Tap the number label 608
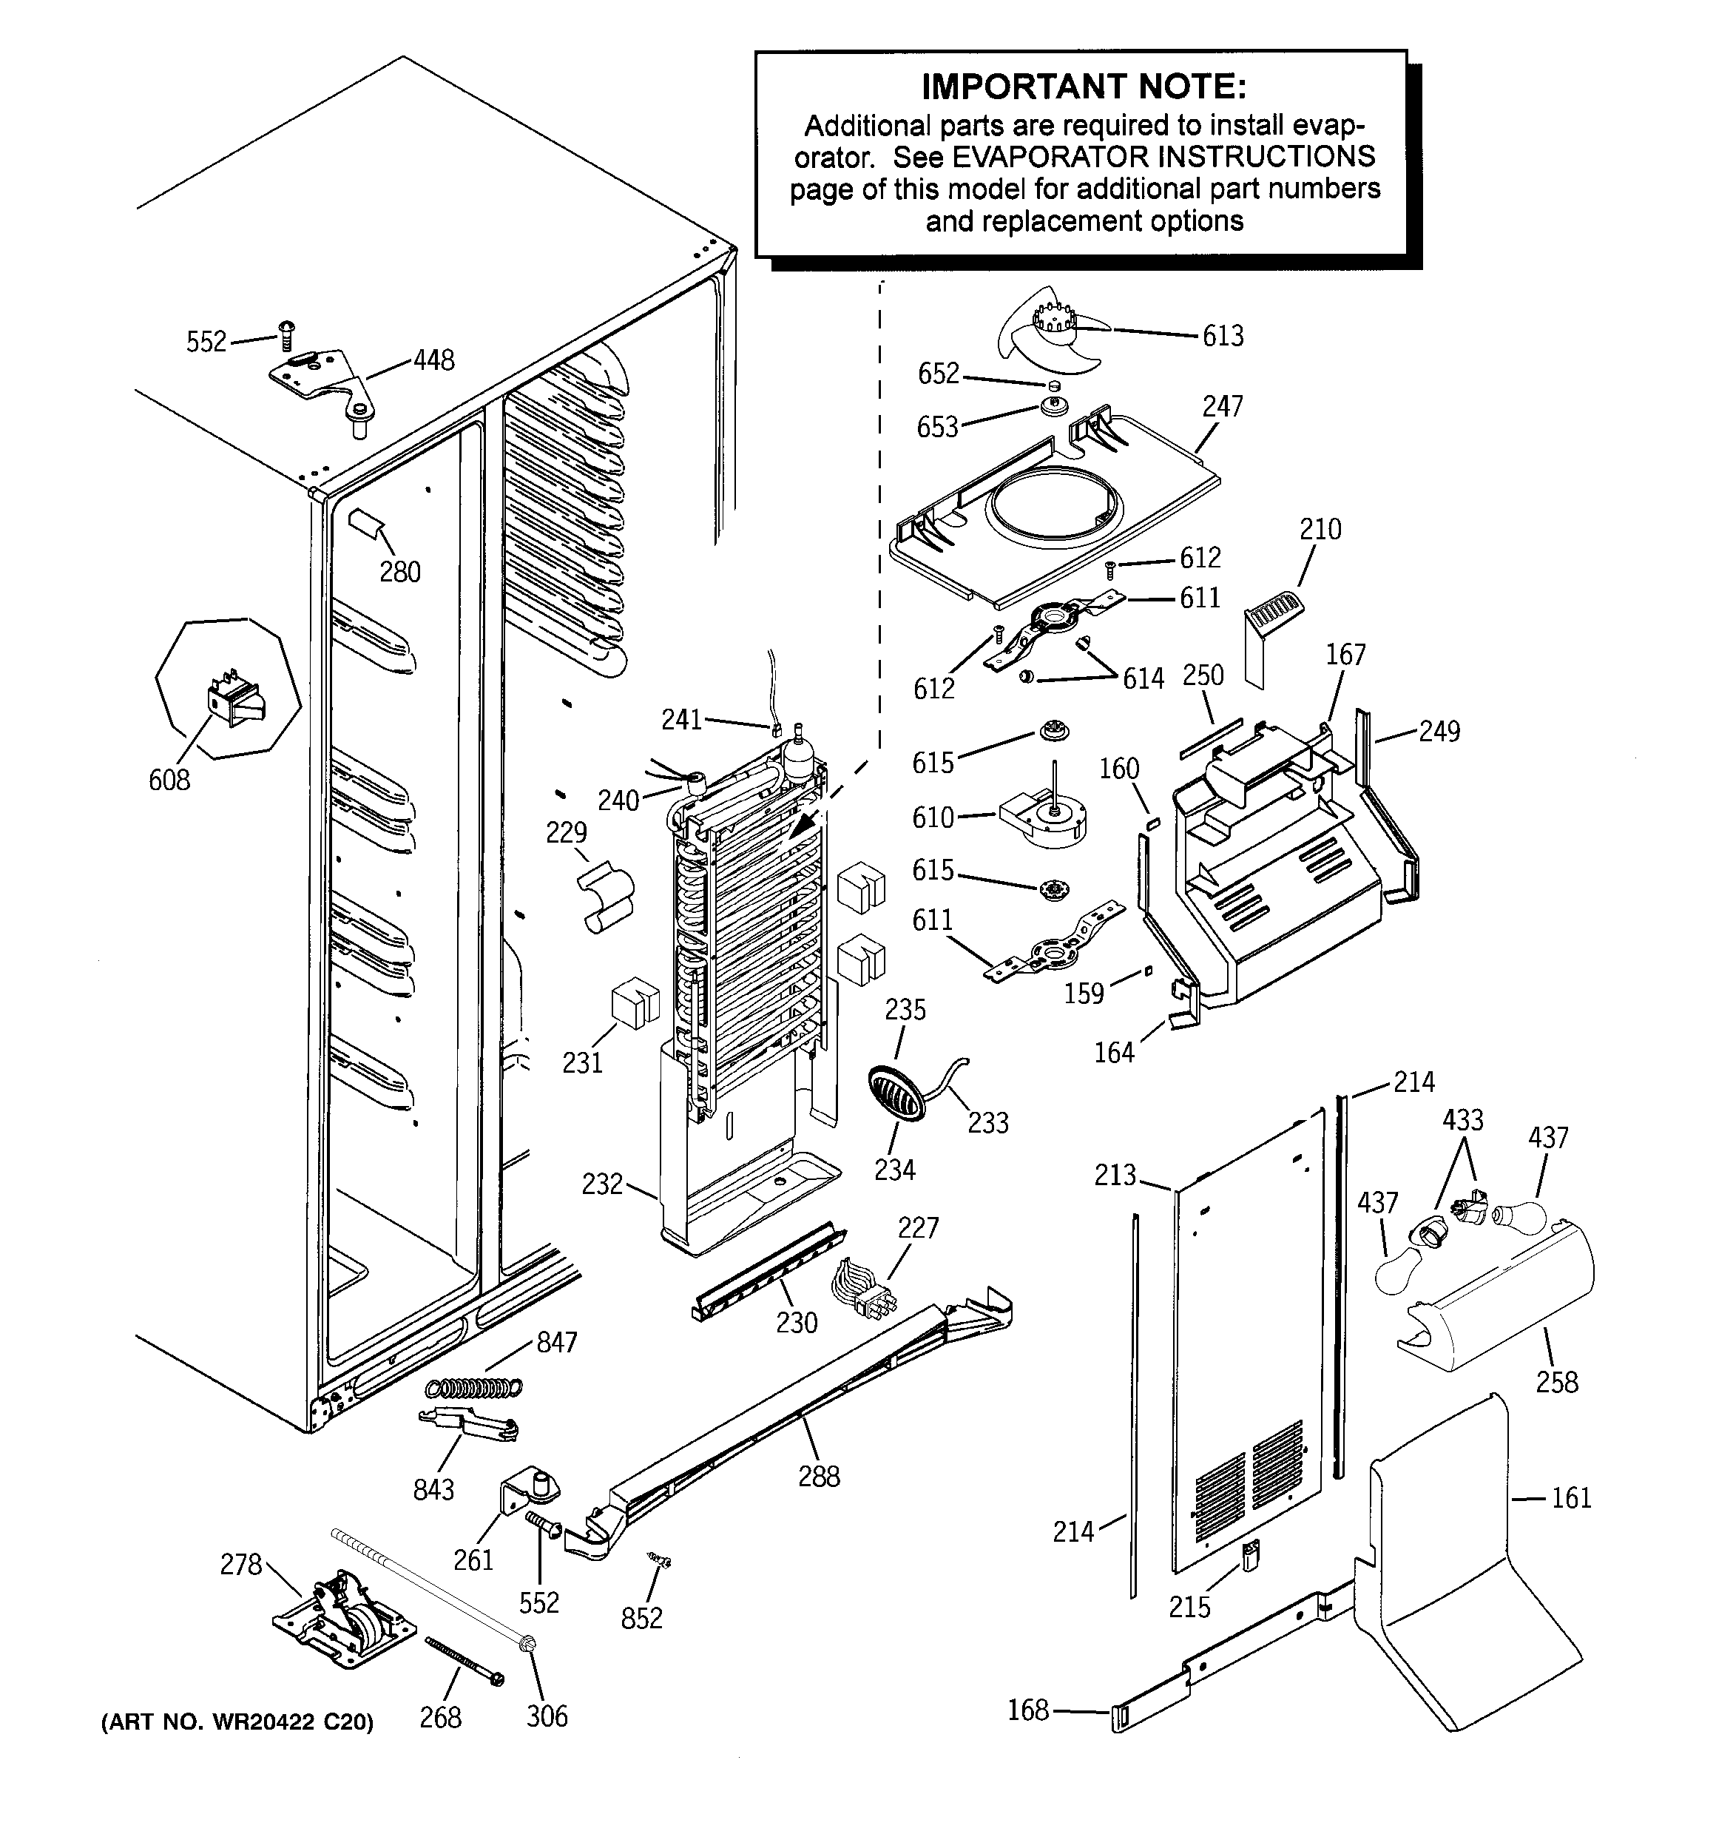(x=169, y=780)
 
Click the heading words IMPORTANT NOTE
(x=1084, y=87)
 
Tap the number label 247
(x=1223, y=406)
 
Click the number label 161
(x=1571, y=1499)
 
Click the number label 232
(x=602, y=1184)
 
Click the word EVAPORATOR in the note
(x=1050, y=158)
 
